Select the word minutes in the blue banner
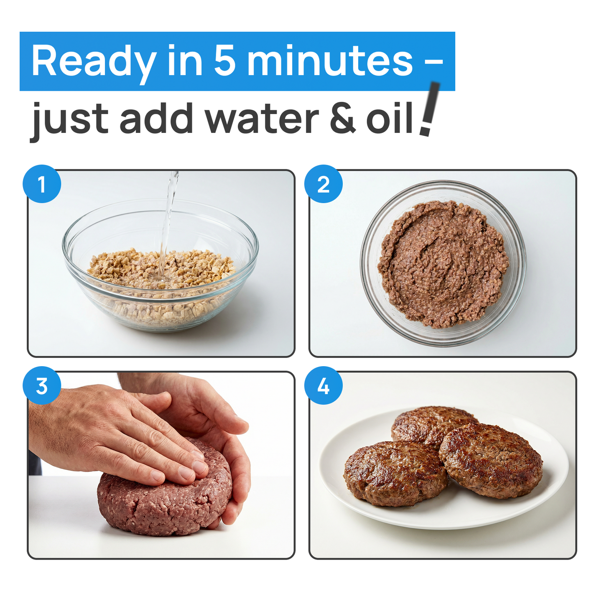(330, 61)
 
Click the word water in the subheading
(262, 119)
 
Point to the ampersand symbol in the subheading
(343, 119)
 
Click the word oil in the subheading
(390, 118)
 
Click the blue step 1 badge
(42, 184)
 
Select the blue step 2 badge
(323, 184)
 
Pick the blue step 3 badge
(42, 386)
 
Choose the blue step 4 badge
(323, 386)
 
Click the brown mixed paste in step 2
(443, 263)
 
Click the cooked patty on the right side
(491, 460)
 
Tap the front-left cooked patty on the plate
(395, 472)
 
